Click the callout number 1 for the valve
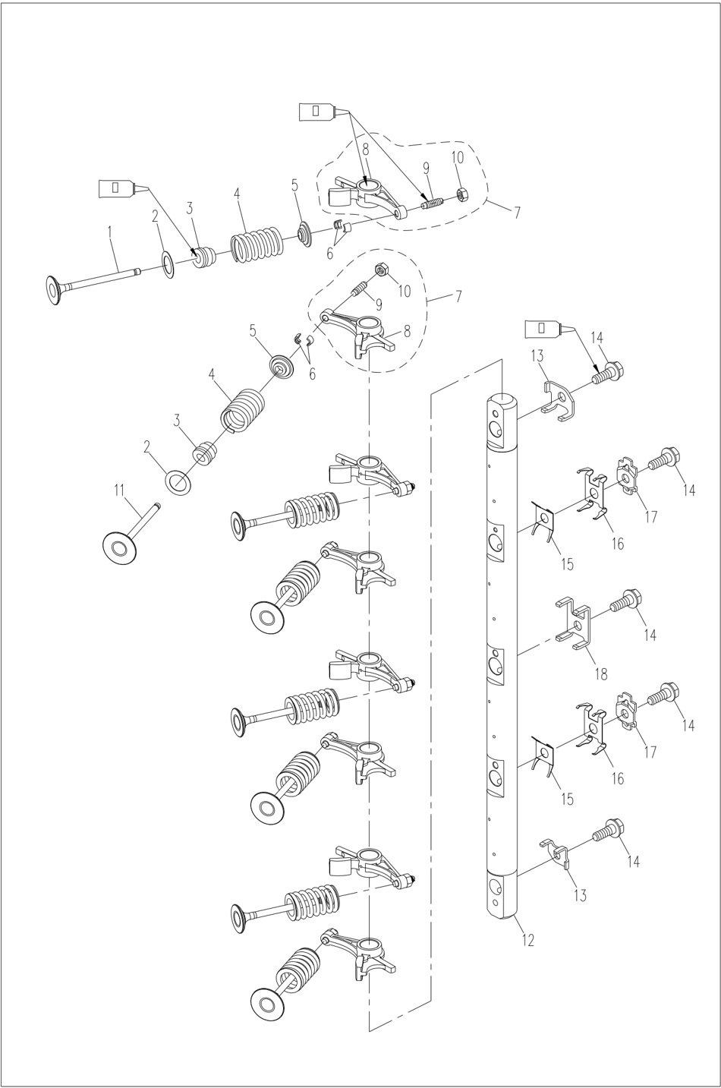[x=110, y=225]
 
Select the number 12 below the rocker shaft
[x=528, y=940]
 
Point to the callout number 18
[x=600, y=673]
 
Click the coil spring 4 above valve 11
[x=242, y=410]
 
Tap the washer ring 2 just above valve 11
[x=178, y=481]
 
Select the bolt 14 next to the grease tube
[x=609, y=372]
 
